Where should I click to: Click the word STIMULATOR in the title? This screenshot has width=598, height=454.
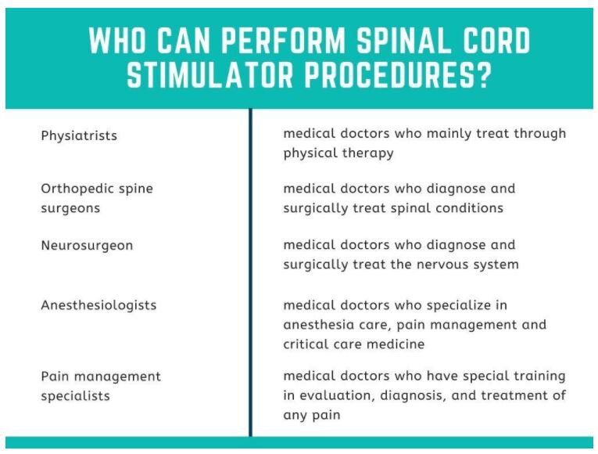pyautogui.click(x=204, y=76)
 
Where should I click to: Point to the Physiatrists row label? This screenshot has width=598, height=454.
pyautogui.click(x=79, y=135)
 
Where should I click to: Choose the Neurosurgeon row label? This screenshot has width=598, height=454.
pyautogui.click(x=87, y=246)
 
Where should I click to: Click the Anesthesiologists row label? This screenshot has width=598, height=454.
pyautogui.click(x=98, y=305)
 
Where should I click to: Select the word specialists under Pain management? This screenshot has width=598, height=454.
pyautogui.click(x=75, y=396)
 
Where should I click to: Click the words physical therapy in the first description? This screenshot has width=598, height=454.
pyautogui.click(x=338, y=153)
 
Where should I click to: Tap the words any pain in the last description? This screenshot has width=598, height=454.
pyautogui.click(x=312, y=415)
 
